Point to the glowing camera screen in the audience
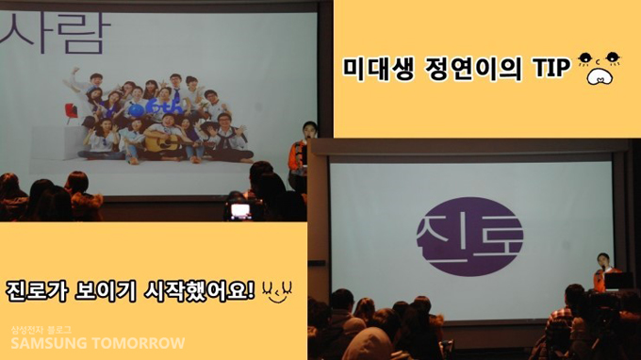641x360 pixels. click(240, 210)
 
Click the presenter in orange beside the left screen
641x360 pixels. click(300, 155)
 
